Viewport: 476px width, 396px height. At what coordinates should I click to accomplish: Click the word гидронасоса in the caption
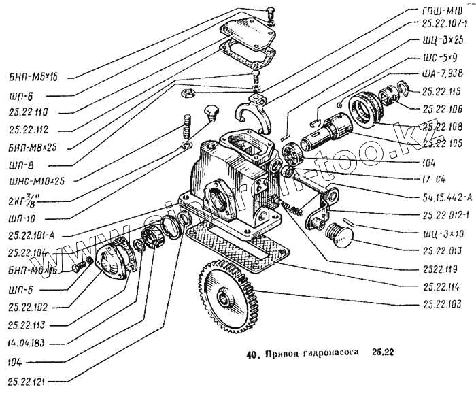coord(324,354)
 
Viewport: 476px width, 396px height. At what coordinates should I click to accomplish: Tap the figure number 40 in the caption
coord(252,354)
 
